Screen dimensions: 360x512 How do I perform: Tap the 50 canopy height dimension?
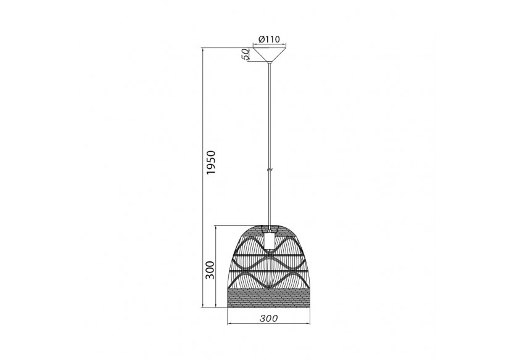click(245, 54)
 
